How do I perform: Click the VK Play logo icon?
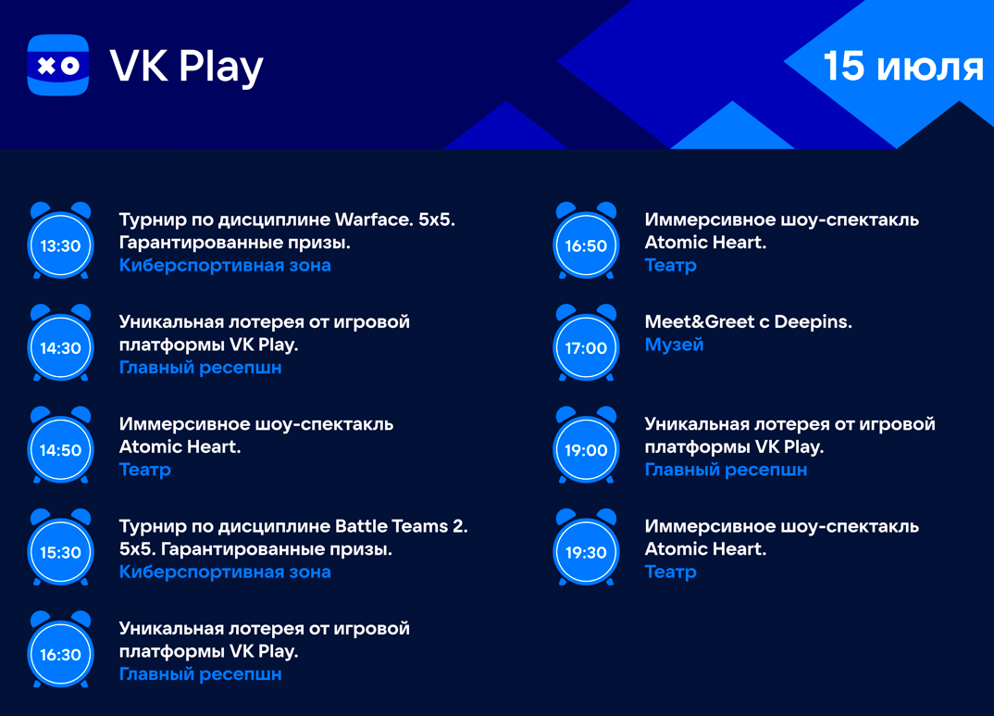click(57, 65)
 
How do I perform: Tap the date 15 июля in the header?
click(903, 66)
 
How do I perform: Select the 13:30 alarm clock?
click(61, 241)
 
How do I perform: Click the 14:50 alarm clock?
click(61, 446)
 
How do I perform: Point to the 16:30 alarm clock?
click(61, 649)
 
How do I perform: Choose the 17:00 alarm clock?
click(586, 343)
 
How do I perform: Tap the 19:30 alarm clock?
click(586, 547)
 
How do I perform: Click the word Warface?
click(374, 220)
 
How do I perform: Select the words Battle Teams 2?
click(402, 526)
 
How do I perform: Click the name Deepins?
click(814, 322)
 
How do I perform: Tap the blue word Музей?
click(674, 345)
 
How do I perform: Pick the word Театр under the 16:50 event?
click(671, 265)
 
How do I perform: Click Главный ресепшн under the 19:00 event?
click(726, 470)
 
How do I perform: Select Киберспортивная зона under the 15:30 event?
click(225, 572)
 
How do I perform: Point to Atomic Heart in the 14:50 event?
click(180, 446)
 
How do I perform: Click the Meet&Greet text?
click(699, 321)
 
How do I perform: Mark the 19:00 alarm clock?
click(586, 446)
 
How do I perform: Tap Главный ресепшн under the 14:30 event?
click(200, 367)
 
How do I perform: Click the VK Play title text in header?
click(186, 67)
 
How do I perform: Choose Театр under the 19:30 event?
click(671, 572)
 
